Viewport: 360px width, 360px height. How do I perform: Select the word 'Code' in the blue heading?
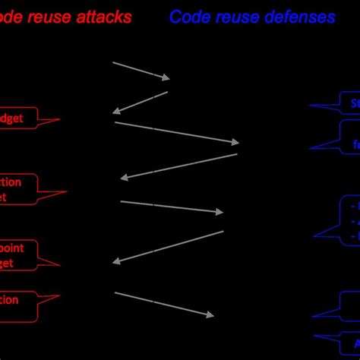188,17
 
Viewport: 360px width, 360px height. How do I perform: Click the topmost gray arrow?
141,70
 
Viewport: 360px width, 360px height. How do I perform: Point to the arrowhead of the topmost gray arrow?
166,77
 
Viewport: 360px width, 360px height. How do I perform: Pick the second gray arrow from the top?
140,103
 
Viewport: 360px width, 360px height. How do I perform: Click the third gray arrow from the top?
176,131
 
